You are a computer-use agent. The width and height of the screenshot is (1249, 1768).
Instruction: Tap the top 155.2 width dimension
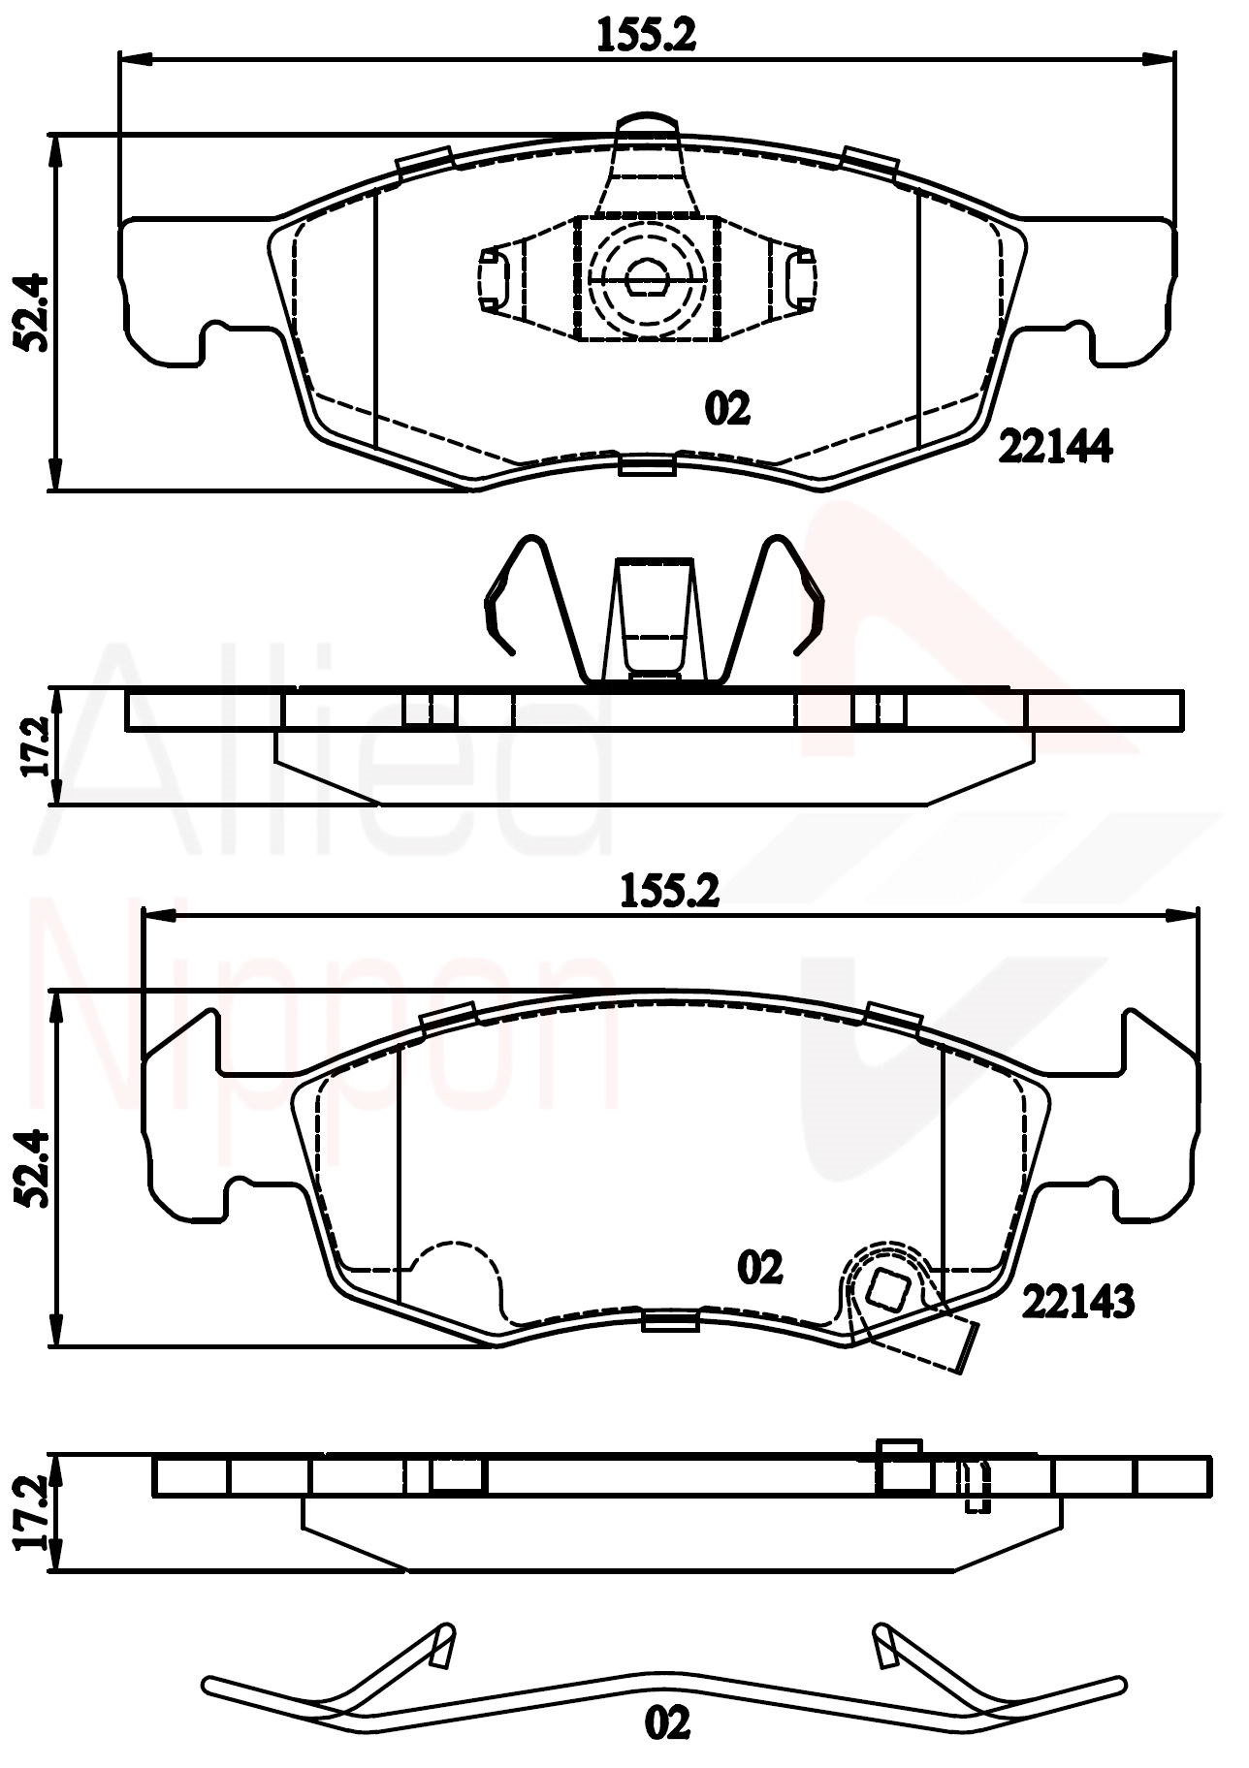[x=646, y=37]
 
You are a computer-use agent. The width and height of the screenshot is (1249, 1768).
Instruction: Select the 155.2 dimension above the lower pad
[x=668, y=891]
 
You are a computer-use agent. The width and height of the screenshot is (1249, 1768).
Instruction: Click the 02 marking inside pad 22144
[x=728, y=409]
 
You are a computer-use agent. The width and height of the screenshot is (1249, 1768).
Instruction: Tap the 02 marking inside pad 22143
[x=759, y=1267]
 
